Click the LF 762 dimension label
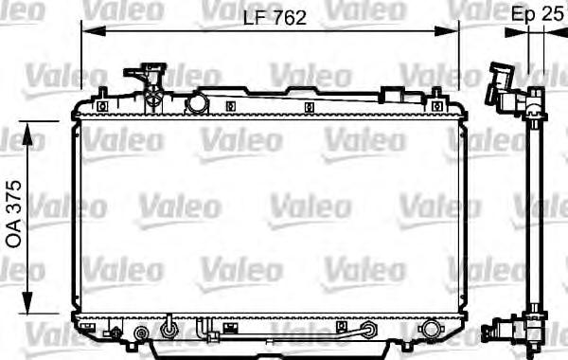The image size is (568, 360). pos(275,18)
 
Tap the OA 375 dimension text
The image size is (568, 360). pos(14,214)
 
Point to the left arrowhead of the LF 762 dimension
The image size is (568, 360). pos(94,31)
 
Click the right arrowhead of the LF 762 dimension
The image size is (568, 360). pos(447,31)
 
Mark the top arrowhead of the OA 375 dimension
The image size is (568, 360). pos(27,135)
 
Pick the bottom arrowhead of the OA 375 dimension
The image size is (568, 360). pos(27,302)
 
